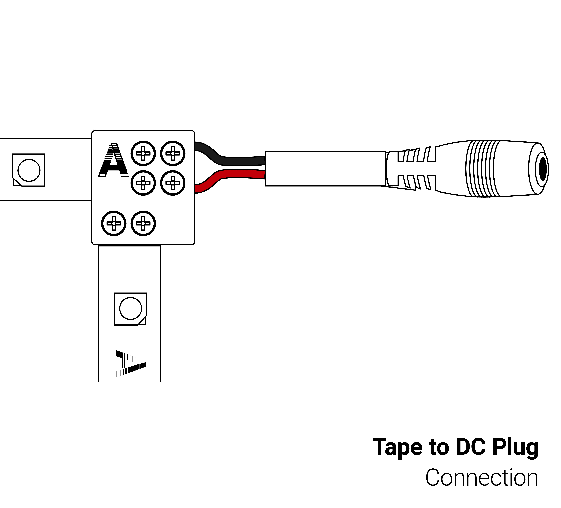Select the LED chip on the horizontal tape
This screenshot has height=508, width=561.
point(29,170)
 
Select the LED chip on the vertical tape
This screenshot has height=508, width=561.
point(130,309)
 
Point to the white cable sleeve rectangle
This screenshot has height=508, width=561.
point(325,169)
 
